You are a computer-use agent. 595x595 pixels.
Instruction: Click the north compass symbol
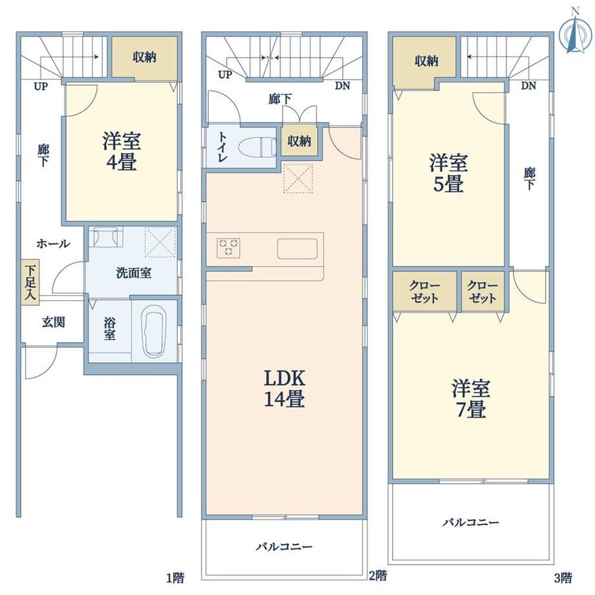[x=575, y=35]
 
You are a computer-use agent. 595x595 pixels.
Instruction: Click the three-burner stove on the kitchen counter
[x=228, y=248]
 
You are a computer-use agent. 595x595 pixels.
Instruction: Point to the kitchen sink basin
[x=297, y=248]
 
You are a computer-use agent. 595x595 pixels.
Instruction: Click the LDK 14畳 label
[x=285, y=388]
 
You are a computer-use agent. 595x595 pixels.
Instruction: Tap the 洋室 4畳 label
[x=122, y=151]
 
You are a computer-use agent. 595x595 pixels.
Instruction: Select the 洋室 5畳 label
[x=448, y=173]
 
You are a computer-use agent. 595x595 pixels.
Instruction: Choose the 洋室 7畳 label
[x=471, y=398]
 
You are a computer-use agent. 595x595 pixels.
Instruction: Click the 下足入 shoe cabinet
[x=30, y=281]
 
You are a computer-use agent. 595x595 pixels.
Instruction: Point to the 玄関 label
[x=54, y=322]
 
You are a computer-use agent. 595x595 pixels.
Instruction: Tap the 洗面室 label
[x=134, y=273]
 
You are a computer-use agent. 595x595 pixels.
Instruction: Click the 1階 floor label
[x=175, y=578]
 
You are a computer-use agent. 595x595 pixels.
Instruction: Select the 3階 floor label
[x=563, y=578]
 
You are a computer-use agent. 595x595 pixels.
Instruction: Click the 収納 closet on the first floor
[x=145, y=58]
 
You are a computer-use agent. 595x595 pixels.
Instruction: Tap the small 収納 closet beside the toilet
[x=299, y=141]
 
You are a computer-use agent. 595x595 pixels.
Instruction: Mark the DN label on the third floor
[x=528, y=86]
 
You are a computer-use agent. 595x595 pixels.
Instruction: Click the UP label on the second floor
[x=225, y=75]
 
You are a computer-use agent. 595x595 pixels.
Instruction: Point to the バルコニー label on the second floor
[x=284, y=546]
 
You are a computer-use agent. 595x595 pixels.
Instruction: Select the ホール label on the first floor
[x=53, y=244]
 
